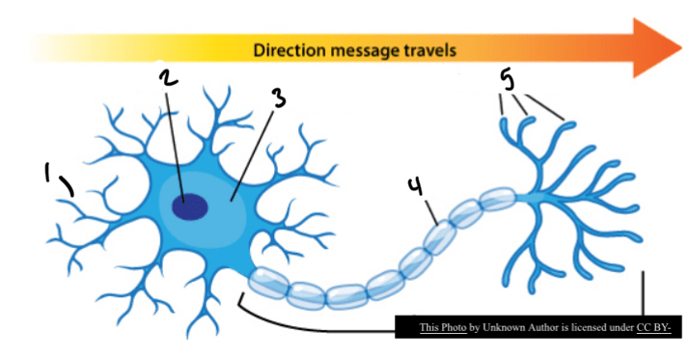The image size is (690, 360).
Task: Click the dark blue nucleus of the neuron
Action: point(190,207)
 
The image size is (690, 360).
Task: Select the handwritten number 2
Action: point(168,78)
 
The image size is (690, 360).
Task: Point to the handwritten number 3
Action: point(279,97)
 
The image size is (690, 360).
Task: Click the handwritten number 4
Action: point(415,186)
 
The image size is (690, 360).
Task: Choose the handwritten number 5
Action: point(508,81)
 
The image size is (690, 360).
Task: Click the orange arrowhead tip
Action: point(681,47)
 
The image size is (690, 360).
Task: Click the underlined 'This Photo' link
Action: point(443,327)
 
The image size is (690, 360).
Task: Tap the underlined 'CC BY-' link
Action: point(653,327)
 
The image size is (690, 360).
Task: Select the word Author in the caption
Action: point(531,327)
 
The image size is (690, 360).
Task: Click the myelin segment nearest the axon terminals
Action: point(497,199)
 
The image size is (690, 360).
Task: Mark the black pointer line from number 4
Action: point(430,212)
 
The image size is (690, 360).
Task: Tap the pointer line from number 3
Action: point(252,155)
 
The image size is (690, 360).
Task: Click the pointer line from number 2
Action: point(175,148)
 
